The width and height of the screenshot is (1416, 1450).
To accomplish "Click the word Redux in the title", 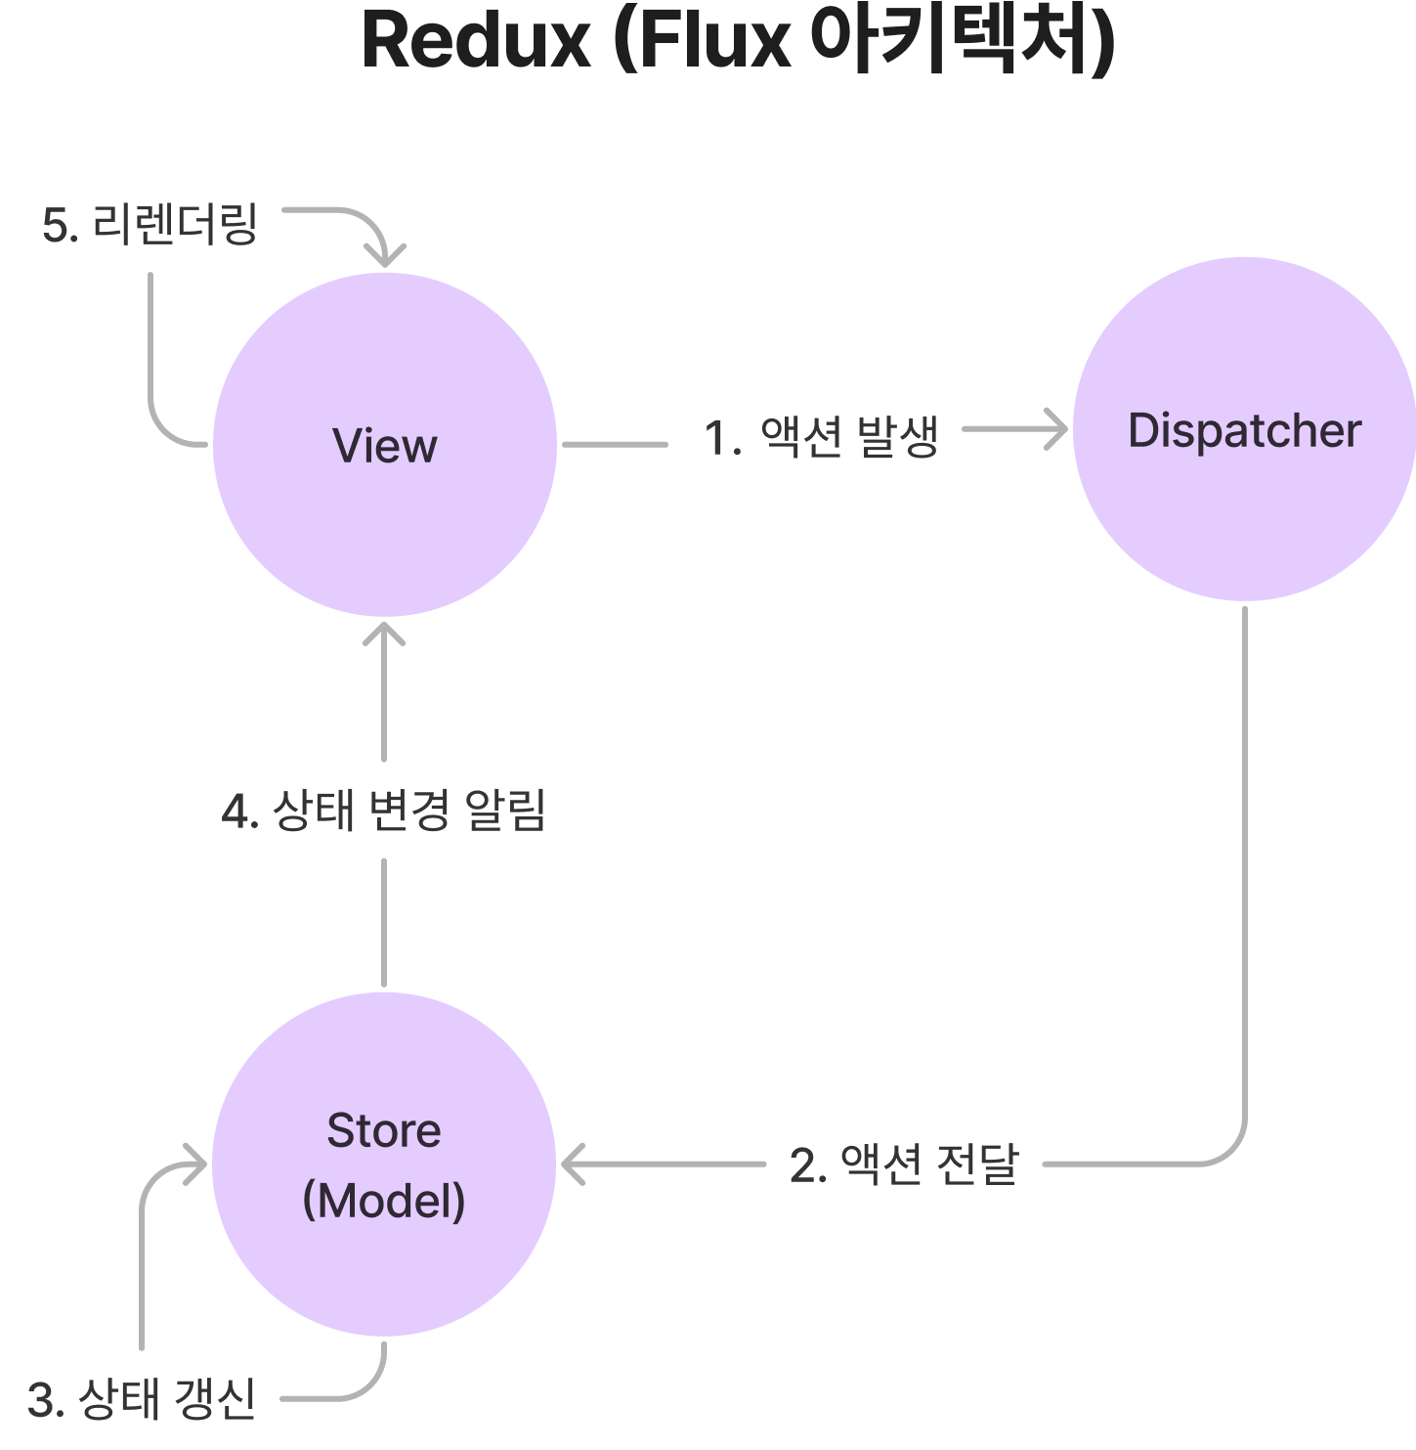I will tap(476, 41).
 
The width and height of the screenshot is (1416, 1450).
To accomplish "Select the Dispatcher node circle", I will tap(1244, 518).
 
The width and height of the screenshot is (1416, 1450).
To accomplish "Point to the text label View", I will tap(385, 446).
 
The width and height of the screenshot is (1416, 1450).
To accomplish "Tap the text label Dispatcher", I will tap(1244, 431).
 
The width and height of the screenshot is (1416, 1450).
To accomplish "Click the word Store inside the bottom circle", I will tap(384, 1130).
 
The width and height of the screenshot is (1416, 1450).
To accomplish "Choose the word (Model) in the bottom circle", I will tap(384, 1200).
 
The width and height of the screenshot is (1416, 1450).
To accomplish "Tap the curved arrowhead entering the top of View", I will tap(385, 255).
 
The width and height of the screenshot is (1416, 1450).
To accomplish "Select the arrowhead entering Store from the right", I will tap(571, 1164).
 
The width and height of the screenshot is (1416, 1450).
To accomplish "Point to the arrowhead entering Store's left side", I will tap(195, 1164).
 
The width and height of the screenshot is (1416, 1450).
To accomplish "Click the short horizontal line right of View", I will tap(616, 444).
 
